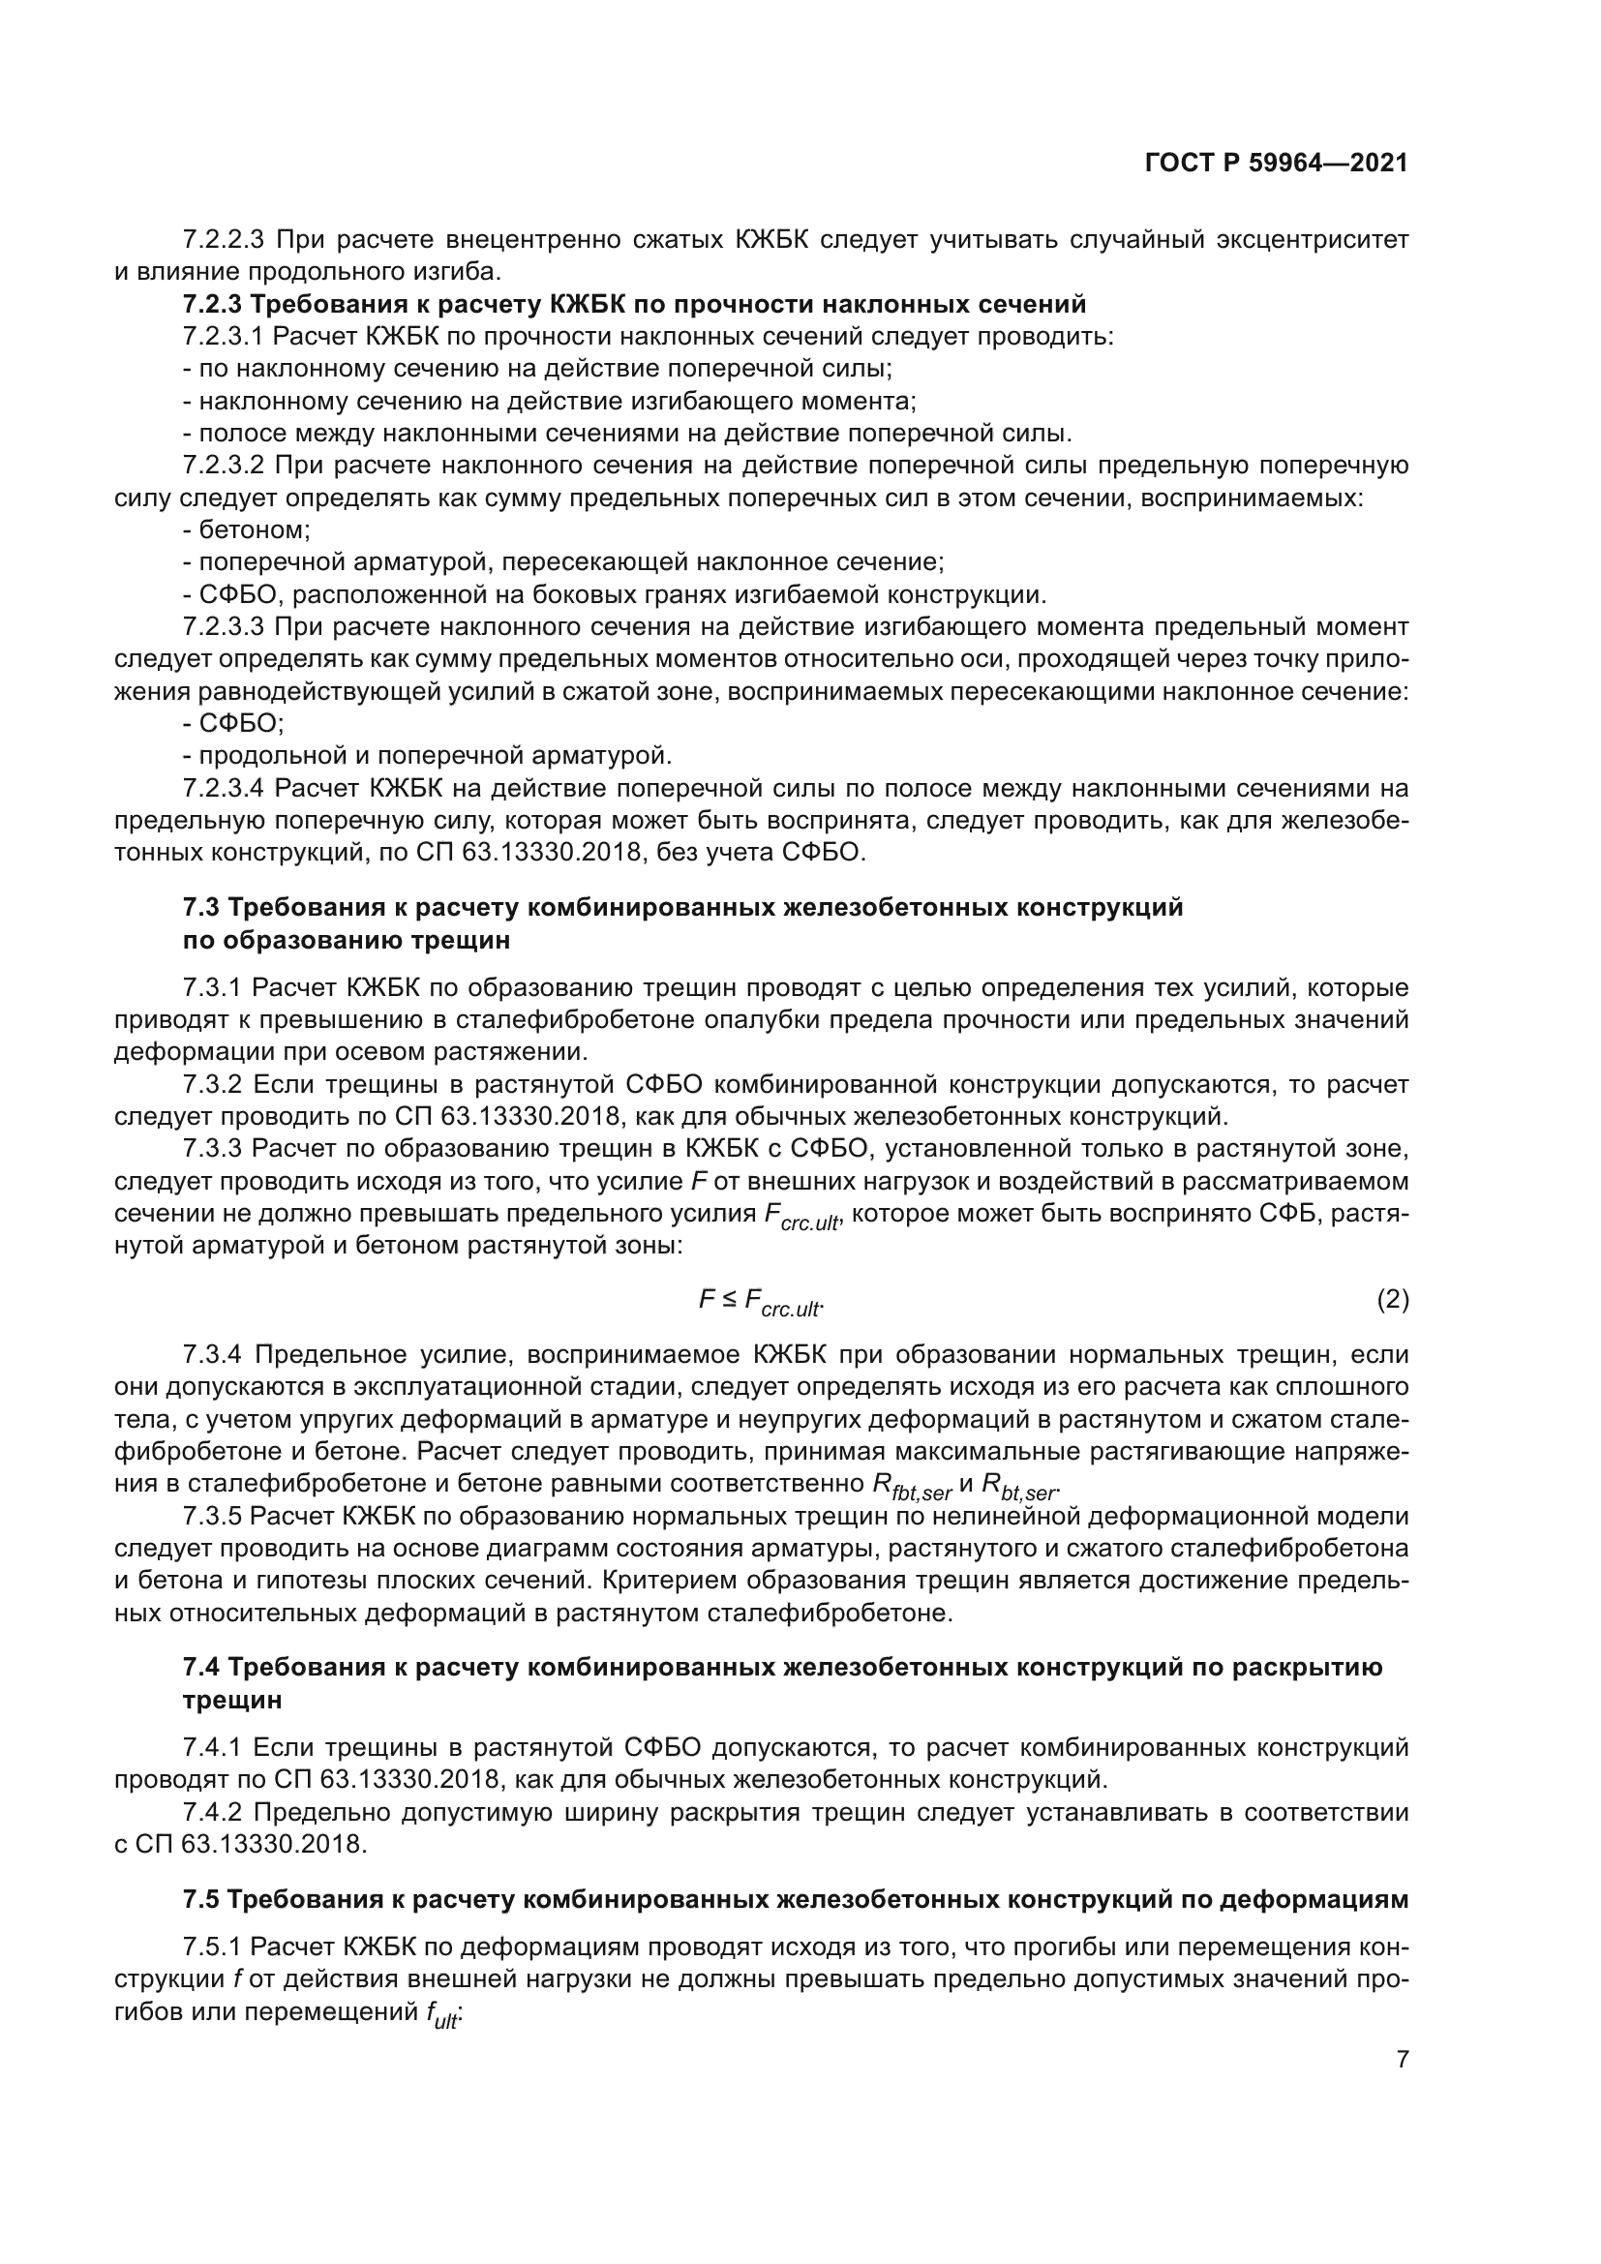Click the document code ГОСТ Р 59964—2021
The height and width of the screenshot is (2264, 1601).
[1277, 164]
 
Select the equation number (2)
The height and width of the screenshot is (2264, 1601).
[1392, 1301]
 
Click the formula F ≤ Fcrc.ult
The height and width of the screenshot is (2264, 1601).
[760, 1303]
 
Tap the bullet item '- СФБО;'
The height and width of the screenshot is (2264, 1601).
[233, 724]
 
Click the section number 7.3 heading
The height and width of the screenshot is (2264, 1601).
[201, 907]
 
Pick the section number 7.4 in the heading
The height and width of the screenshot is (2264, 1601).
[201, 1668]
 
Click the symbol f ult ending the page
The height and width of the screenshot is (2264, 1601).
[443, 2015]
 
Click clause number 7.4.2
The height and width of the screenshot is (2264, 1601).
[213, 1812]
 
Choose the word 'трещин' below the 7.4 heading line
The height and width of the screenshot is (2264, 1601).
[232, 1700]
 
